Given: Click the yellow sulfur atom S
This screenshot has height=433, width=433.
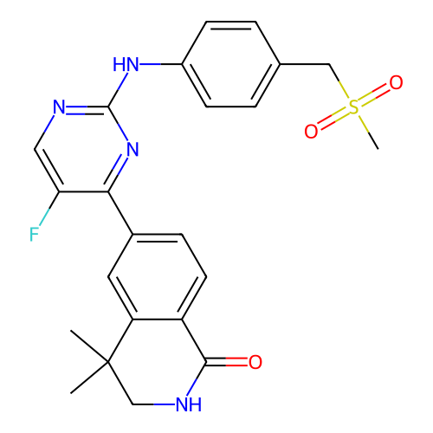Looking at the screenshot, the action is (353, 107).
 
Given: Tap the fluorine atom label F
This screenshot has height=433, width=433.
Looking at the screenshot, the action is (34, 234).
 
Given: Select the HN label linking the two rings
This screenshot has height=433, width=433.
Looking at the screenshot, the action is (126, 64).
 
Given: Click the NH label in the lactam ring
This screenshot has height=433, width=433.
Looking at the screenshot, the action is (189, 404).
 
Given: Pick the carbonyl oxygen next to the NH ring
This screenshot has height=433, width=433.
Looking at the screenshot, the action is (255, 362).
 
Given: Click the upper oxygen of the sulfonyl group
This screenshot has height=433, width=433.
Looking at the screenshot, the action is (396, 82).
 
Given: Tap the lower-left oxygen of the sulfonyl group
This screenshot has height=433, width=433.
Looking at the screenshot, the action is (311, 132).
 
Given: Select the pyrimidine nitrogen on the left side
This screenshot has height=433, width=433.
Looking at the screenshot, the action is (59, 107).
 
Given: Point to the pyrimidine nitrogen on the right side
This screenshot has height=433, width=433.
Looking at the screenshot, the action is (132, 149).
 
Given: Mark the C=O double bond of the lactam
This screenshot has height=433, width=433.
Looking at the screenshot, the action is (227, 362).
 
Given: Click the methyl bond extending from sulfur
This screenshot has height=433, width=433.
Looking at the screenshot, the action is (369, 132).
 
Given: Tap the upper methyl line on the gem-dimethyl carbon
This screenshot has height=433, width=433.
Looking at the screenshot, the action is (89, 346).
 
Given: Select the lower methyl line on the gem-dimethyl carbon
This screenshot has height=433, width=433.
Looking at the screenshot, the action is (89, 378).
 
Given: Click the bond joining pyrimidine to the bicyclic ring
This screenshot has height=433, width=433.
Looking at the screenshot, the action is (120, 213).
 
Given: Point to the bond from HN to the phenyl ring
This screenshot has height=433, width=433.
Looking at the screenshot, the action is (161, 64).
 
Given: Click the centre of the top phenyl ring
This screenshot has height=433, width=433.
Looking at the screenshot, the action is (231, 64).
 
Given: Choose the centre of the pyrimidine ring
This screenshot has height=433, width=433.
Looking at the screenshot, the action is (84, 149).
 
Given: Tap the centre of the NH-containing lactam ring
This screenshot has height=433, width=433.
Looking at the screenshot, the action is (158, 362).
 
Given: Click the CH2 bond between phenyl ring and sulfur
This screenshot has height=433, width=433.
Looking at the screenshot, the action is (305, 64).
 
